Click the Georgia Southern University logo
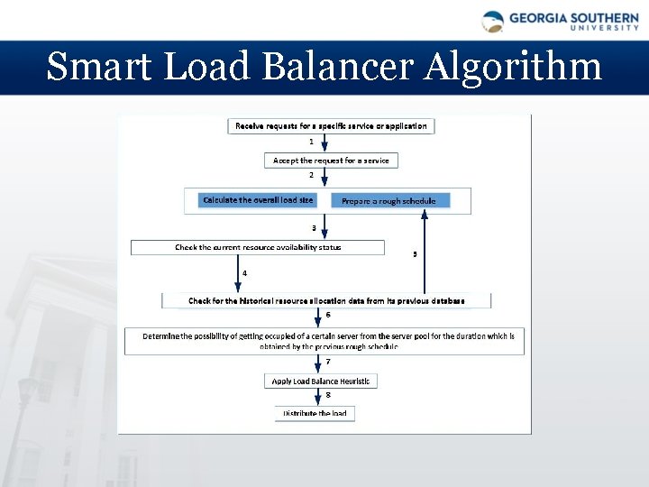point(560,21)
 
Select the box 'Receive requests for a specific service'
point(331,126)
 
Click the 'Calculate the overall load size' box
point(259,200)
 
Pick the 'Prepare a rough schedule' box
point(388,200)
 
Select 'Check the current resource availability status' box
point(258,247)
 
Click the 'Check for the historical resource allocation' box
point(326,300)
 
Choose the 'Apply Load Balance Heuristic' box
point(321,381)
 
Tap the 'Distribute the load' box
point(315,413)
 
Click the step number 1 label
point(312,142)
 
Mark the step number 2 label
point(312,175)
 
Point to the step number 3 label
point(314,228)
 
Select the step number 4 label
point(244,272)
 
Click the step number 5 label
point(415,254)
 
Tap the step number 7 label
point(328,362)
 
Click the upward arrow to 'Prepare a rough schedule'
point(425,253)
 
